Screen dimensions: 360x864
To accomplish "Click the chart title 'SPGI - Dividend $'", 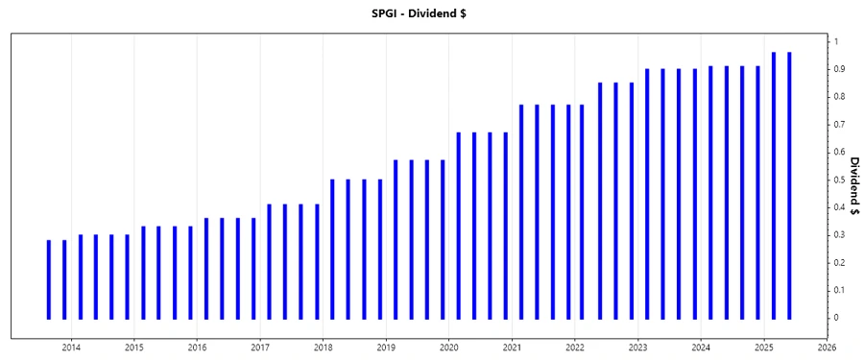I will click(432, 12).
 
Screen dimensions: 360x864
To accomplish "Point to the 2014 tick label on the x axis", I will click(71, 347).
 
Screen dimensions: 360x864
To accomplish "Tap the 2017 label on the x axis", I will click(260, 347).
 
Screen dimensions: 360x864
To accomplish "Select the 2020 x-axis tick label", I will click(448, 347).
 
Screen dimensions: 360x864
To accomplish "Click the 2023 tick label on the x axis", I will click(637, 347).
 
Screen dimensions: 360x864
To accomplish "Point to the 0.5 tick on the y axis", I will click(839, 180).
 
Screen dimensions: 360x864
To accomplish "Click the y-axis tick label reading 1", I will click(836, 41).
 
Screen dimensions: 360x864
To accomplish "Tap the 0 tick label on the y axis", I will click(836, 318).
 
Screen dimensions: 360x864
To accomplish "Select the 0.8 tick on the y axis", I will click(839, 97).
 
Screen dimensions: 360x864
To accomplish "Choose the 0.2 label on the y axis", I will click(839, 262).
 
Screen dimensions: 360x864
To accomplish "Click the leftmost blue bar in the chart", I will click(49, 278).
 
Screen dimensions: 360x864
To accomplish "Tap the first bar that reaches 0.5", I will click(332, 249).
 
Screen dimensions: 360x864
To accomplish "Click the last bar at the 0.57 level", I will click(443, 239).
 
